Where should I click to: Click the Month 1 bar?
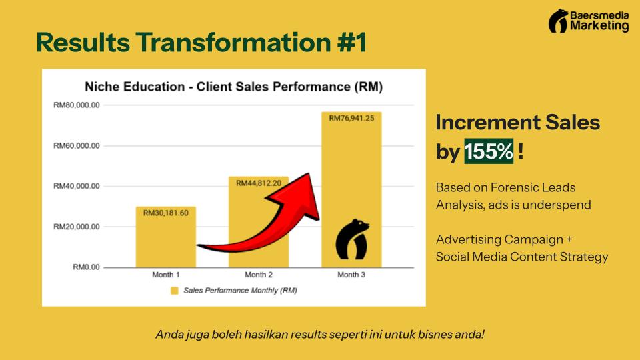[166, 237]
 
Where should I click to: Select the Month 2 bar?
[259, 221]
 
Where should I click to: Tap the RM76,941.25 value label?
[351, 118]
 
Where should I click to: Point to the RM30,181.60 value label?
[166, 213]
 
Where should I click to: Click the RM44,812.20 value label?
[259, 183]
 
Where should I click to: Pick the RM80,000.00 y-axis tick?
[76, 105]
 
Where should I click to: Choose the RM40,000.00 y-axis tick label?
[76, 186]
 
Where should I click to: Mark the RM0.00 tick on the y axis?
[86, 267]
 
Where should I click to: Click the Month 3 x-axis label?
[351, 275]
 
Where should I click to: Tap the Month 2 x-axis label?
[259, 275]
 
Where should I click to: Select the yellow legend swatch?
[174, 291]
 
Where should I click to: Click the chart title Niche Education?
[135, 87]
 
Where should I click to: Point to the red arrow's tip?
[309, 173]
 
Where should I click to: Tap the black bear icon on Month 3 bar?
[352, 239]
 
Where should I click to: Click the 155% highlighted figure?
[489, 151]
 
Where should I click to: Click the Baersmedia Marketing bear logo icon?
[558, 21]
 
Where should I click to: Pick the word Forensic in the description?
[513, 187]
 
